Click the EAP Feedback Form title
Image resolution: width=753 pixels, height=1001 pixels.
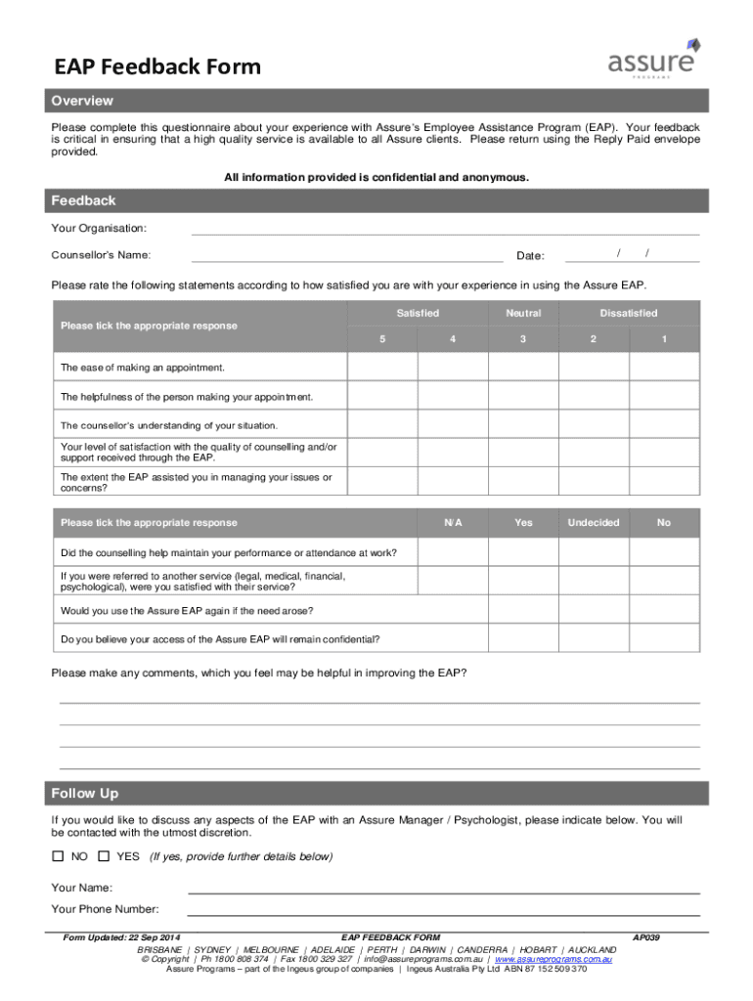click(x=157, y=66)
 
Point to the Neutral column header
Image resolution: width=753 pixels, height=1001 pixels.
click(x=523, y=313)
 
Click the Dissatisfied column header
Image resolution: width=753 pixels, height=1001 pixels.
click(x=629, y=313)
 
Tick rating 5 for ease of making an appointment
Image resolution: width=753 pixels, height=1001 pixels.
click(x=383, y=367)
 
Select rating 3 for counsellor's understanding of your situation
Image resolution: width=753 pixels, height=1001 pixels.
click(x=523, y=424)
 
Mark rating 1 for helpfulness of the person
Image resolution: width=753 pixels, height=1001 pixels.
click(x=664, y=396)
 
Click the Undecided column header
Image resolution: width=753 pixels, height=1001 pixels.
click(x=594, y=522)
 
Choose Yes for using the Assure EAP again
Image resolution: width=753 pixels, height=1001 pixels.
click(x=523, y=610)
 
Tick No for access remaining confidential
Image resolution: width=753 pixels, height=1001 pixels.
click(x=664, y=639)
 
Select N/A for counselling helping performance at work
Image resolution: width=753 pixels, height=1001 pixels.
click(x=453, y=552)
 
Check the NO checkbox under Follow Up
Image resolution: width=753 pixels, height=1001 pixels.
click(x=58, y=856)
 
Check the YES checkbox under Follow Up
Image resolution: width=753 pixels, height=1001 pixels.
click(x=104, y=856)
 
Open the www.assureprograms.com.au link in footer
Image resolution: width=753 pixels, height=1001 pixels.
click(x=554, y=959)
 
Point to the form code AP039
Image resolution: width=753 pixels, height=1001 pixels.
click(x=647, y=937)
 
